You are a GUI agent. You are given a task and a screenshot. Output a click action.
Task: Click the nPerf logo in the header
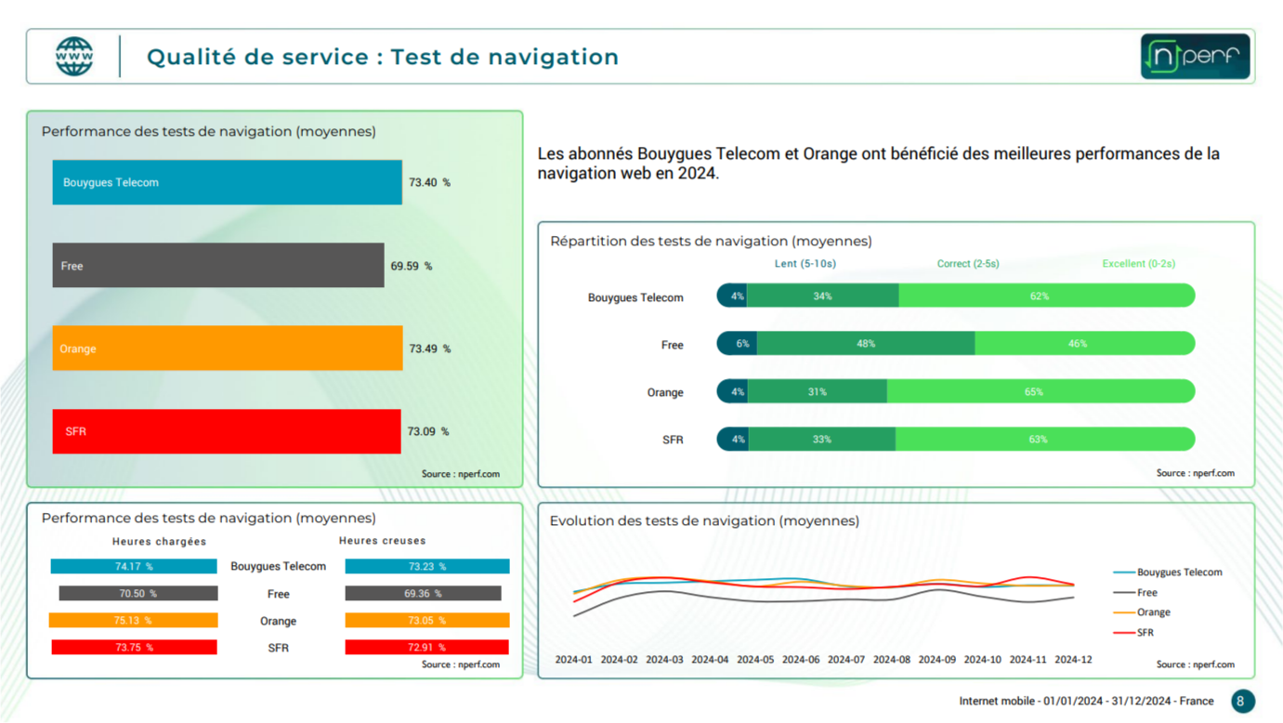[x=1195, y=57]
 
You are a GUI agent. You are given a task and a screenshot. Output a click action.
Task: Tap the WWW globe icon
[x=74, y=57]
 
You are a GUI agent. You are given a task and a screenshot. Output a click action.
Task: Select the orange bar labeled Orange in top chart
[x=228, y=348]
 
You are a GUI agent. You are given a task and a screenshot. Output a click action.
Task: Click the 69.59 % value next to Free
[x=411, y=266]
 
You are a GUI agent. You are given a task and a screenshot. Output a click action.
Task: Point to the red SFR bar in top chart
[x=227, y=431]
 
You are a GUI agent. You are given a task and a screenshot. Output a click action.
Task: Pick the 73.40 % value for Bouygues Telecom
[x=429, y=182]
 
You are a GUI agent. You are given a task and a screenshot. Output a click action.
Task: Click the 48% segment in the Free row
[x=866, y=344]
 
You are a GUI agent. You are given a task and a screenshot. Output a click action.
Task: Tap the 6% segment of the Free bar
[x=740, y=344]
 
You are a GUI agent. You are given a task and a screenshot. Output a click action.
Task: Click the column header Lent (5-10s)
[x=805, y=264]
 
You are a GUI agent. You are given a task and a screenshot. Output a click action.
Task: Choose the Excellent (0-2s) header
[x=1138, y=264]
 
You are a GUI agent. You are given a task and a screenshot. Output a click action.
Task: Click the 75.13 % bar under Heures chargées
[x=134, y=621]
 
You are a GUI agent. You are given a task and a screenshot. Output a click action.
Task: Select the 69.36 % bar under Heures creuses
[x=424, y=593]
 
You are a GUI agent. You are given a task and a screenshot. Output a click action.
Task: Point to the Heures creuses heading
[x=382, y=541]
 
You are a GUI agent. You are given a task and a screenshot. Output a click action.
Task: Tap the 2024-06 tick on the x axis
[x=800, y=660]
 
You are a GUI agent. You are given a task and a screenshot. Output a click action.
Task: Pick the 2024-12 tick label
[x=1073, y=660]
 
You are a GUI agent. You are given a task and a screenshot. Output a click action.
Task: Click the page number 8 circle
[x=1242, y=701]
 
